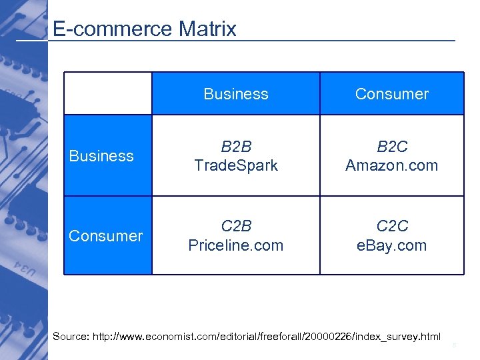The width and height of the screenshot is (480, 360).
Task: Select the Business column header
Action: pyautogui.click(x=236, y=94)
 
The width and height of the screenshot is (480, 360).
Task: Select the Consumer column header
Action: pyautogui.click(x=391, y=94)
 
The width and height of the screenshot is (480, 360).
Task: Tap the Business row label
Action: pyautogui.click(x=101, y=156)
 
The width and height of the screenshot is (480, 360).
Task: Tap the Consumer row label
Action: pyautogui.click(x=106, y=236)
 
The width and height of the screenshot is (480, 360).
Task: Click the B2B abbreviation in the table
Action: pyautogui.click(x=236, y=147)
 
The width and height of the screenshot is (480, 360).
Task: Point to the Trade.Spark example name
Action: pyautogui.click(x=236, y=165)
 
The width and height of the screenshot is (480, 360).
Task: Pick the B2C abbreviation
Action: pyautogui.click(x=391, y=147)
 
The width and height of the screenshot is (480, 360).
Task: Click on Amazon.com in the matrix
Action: pyautogui.click(x=391, y=165)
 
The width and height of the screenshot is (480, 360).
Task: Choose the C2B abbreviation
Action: pyautogui.click(x=236, y=227)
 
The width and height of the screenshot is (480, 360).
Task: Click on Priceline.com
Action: pyautogui.click(x=236, y=245)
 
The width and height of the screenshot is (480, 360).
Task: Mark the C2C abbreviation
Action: pyautogui.click(x=391, y=227)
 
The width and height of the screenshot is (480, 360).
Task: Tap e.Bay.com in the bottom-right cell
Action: pyautogui.click(x=391, y=245)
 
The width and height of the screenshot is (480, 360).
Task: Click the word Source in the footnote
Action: pyautogui.click(x=69, y=336)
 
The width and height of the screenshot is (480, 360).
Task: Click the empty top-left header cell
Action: pyautogui.click(x=108, y=93)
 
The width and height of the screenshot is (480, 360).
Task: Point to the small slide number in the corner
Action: pyautogui.click(x=454, y=345)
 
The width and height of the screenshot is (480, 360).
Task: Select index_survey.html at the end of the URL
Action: pyautogui.click(x=393, y=336)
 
